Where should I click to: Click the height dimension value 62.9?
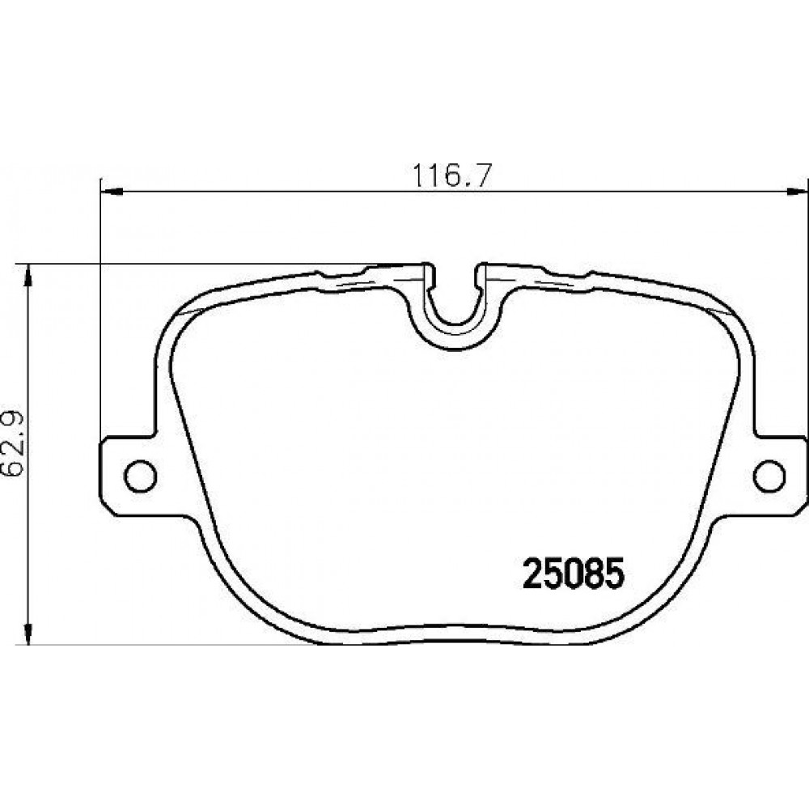[x=15, y=443]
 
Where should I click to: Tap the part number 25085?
[x=574, y=574]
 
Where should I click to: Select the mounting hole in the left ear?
[x=140, y=475]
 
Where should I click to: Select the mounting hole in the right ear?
[x=769, y=475]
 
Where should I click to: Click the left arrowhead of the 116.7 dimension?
[x=111, y=192]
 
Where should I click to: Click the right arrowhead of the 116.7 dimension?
[x=796, y=192]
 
